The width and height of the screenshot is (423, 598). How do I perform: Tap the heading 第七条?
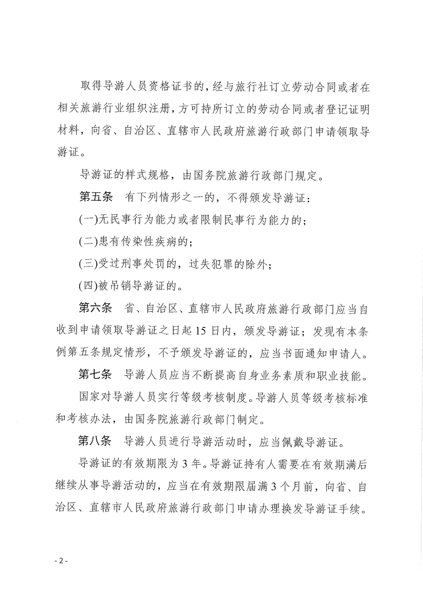tap(94, 377)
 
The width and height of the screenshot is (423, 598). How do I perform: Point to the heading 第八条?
tap(94, 442)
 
